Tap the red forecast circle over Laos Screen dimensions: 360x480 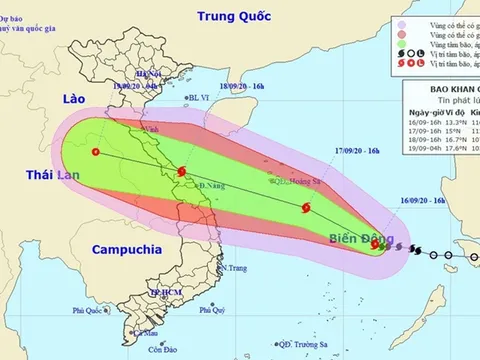click(x=95, y=152)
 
